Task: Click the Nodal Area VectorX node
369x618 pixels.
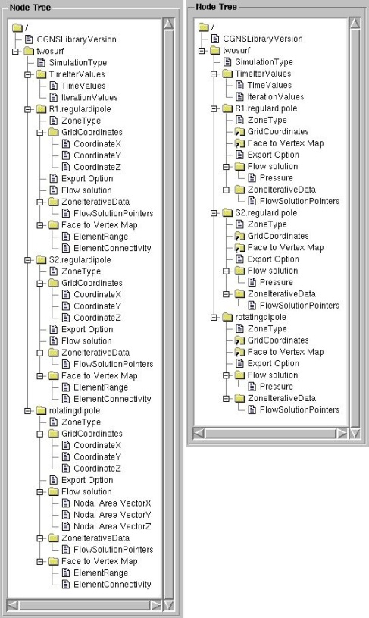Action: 112,503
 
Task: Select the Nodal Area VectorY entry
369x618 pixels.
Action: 112,515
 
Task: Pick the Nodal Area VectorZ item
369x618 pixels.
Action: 112,526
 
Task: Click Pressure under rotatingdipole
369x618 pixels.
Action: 276,386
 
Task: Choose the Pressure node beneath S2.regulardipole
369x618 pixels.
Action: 276,282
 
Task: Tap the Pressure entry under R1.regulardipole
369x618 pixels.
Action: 276,177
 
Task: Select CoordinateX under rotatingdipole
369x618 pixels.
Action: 97,445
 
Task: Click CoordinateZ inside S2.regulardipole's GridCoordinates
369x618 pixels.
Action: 97,318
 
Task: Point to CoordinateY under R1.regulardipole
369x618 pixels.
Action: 97,155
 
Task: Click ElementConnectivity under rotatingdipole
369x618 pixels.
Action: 112,584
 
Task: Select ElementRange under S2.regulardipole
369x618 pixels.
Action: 101,387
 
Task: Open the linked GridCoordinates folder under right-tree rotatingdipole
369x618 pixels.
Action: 278,340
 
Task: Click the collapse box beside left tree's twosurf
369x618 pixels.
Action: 15,52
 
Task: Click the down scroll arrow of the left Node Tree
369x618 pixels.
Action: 168,605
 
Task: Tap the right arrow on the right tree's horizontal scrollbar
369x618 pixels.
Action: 342,434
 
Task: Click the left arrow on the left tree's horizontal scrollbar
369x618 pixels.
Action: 13,605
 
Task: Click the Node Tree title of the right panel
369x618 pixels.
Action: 216,7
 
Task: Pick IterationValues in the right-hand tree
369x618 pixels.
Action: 276,96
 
